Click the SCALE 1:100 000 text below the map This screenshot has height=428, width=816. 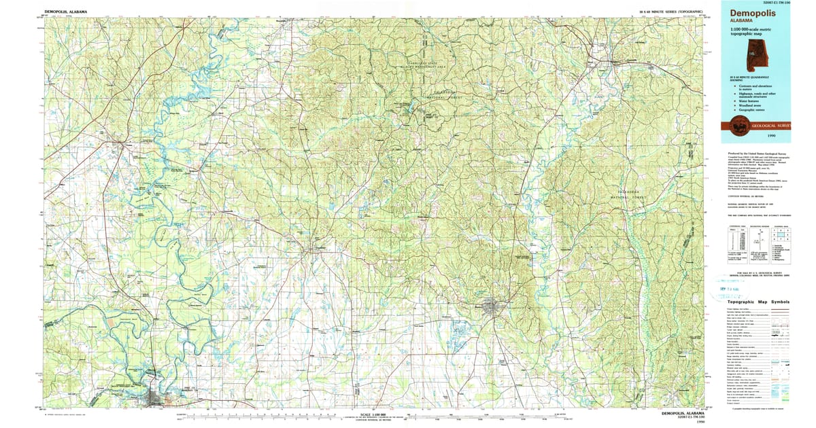pos(372,413)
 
